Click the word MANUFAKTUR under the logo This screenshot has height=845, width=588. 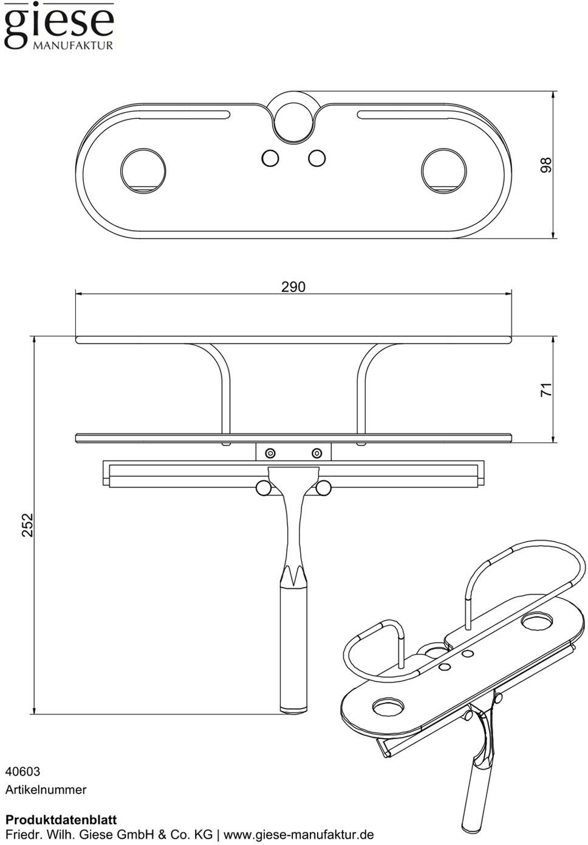(x=73, y=46)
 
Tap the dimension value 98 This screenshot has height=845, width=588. (x=545, y=165)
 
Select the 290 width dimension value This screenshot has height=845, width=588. (x=293, y=287)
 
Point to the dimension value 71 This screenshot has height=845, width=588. (x=546, y=389)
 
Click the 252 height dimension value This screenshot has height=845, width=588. (x=27, y=524)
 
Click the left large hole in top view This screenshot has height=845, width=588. (x=143, y=171)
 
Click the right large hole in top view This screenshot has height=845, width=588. (x=444, y=171)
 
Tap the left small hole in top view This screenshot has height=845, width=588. (x=270, y=158)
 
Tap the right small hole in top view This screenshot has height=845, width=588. (x=316, y=158)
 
